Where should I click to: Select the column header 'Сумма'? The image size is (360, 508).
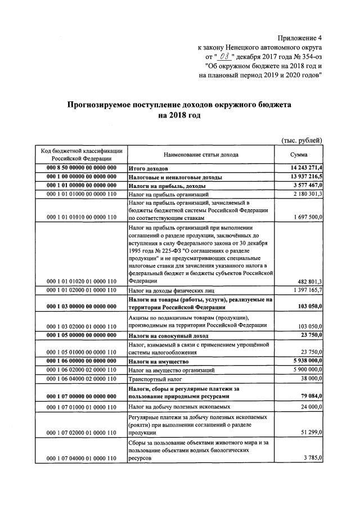pos(299,155)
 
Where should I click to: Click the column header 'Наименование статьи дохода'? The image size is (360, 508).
pos(201,155)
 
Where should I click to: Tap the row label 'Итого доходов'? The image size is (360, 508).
pos(149,168)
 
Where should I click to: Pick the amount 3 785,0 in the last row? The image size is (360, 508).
pos(310,458)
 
